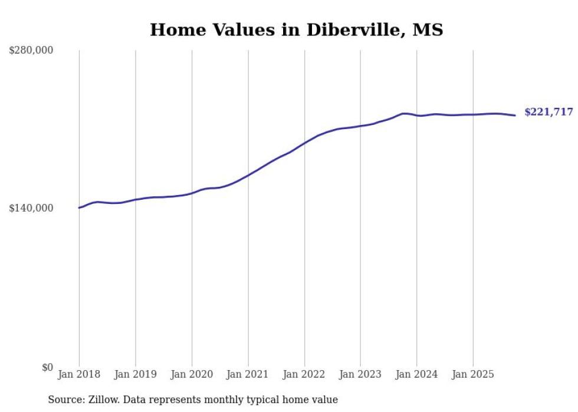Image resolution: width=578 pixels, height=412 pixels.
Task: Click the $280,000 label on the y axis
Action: point(31,51)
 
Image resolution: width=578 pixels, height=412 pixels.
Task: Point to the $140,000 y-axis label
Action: point(31,208)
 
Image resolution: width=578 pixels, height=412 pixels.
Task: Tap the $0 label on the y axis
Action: point(47,367)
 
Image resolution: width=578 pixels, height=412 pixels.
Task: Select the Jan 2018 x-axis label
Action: point(79,374)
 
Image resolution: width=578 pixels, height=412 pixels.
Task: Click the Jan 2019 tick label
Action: point(135,374)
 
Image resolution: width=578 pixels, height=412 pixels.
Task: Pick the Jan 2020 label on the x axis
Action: point(192,374)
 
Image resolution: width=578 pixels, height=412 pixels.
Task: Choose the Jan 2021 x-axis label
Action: point(248,374)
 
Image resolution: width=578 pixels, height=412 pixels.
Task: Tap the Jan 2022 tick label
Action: point(304,374)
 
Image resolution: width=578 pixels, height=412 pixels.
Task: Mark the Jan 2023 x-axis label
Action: point(360,374)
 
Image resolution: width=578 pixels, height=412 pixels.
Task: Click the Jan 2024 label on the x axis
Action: point(416,374)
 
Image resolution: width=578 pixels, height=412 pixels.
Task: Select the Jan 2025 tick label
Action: point(472,374)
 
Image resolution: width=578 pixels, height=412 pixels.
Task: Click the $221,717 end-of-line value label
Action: point(549,112)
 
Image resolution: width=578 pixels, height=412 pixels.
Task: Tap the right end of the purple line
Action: point(515,116)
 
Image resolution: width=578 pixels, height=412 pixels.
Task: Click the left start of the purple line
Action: point(79,207)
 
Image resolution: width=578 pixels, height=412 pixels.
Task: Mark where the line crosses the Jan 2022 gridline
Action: point(304,143)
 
